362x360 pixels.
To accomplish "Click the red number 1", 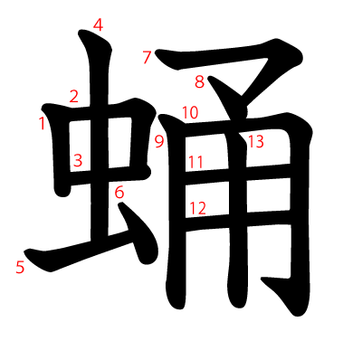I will [42, 123].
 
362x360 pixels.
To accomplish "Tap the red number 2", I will [74, 96].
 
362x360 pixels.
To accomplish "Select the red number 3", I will [78, 161].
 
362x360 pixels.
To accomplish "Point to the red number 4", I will [98, 25].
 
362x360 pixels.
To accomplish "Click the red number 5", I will [19, 267].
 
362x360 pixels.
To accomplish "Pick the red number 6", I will [119, 192].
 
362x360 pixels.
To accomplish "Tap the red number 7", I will [147, 58].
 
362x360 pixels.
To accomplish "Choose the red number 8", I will [199, 82].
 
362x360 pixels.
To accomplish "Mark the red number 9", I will [158, 141].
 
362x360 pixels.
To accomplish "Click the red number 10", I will [189, 113].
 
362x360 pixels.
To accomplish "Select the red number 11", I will [196, 162].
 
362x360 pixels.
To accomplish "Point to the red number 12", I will [197, 208].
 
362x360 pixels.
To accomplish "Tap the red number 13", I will [255, 140].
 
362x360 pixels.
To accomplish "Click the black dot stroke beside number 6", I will [131, 222].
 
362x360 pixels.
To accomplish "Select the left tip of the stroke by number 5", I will [29, 252].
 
